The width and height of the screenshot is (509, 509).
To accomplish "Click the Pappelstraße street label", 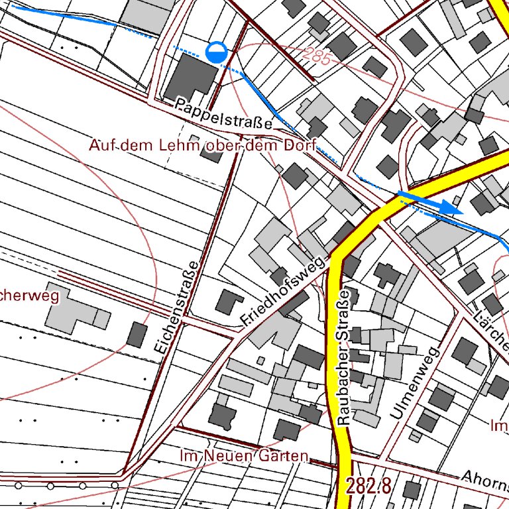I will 224,113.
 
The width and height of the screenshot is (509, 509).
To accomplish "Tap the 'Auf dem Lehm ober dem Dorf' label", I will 203,145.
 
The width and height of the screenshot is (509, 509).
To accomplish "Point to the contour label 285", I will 318,56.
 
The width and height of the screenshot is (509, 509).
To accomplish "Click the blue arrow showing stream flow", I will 431,201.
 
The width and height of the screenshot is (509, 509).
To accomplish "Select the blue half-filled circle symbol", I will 216,52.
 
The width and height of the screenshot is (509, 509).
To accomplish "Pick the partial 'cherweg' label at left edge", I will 30,296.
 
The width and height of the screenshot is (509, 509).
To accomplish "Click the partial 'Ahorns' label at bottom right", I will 484,480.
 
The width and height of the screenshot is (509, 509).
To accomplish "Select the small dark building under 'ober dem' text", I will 211,155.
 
